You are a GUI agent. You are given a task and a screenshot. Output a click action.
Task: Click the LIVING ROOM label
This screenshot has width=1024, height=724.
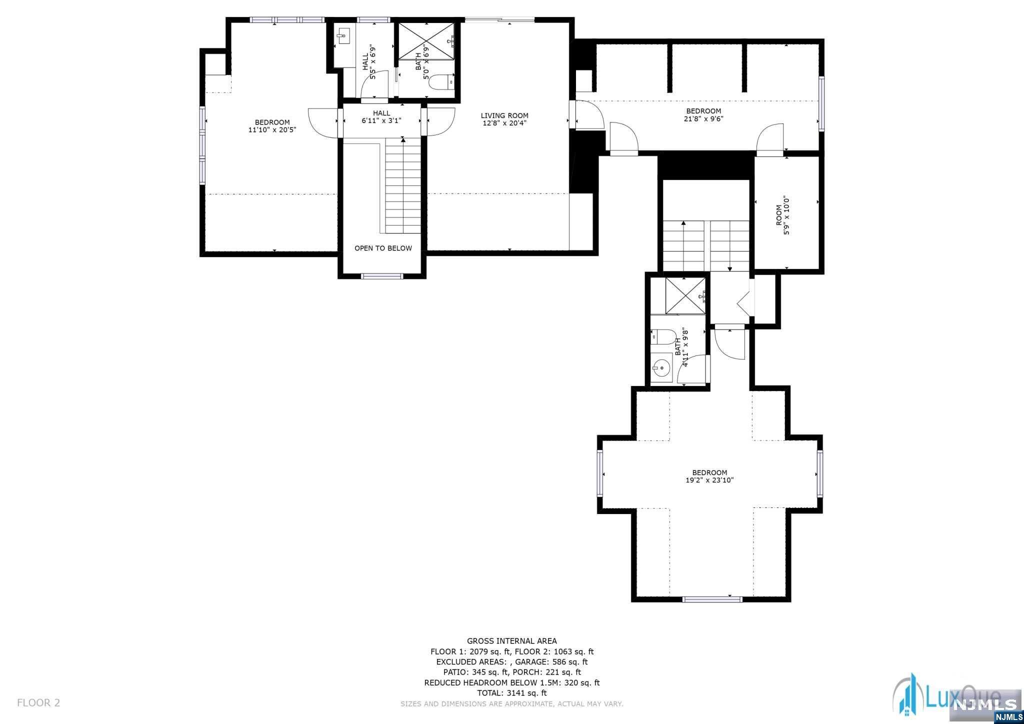pyautogui.click(x=504, y=115)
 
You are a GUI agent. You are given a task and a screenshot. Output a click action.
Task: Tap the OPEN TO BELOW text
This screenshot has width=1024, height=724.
pyautogui.click(x=383, y=248)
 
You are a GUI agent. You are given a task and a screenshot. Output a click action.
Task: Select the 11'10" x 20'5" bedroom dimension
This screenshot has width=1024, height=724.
pyautogui.click(x=272, y=129)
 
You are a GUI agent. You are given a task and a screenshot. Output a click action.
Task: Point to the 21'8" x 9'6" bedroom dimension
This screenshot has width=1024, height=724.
pyautogui.click(x=703, y=118)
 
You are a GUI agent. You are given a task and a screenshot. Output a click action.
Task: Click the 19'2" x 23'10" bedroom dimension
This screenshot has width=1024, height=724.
pyautogui.click(x=709, y=480)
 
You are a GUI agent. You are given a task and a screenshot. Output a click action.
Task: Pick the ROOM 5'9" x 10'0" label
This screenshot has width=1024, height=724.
pyautogui.click(x=783, y=215)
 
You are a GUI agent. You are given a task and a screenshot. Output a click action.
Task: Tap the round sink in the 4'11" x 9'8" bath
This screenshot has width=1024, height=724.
pyautogui.click(x=661, y=369)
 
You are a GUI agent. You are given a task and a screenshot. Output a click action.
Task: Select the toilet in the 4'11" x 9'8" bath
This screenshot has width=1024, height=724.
pyautogui.click(x=662, y=336)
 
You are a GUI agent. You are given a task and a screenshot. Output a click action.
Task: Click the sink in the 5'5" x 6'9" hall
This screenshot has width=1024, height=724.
pyautogui.click(x=343, y=35)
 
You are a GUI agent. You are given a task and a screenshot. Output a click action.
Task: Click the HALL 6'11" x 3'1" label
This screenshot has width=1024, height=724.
pyautogui.click(x=381, y=117)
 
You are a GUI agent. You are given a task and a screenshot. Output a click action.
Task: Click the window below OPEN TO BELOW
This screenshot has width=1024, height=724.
pyautogui.click(x=382, y=276)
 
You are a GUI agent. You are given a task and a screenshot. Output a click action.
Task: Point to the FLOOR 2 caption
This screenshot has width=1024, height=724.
pyautogui.click(x=38, y=702)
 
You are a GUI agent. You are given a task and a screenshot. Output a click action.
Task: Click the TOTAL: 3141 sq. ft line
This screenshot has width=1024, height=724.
pyautogui.click(x=511, y=693)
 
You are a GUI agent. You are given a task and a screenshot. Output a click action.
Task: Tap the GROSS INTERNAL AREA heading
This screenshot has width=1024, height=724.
pyautogui.click(x=511, y=641)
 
